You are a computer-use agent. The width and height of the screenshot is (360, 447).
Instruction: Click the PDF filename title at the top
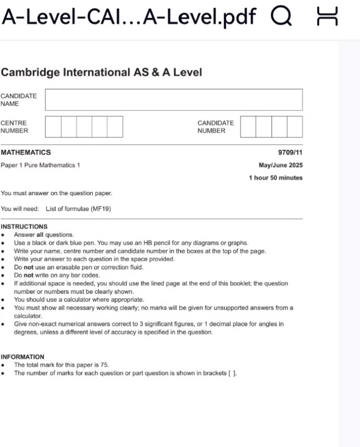(129, 18)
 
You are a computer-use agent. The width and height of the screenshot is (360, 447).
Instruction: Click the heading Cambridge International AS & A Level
(102, 73)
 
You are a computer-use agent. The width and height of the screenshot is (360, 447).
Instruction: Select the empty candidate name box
(173, 100)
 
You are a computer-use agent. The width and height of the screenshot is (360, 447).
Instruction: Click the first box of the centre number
(53, 127)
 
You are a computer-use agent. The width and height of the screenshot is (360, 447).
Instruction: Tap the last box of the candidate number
(295, 127)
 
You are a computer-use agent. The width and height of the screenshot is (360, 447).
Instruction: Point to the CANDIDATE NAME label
(19, 100)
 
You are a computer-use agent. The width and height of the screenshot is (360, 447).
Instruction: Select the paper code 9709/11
(291, 153)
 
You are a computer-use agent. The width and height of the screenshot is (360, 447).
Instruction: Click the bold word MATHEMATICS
(25, 153)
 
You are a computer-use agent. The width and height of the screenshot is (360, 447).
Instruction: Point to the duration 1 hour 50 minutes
(275, 178)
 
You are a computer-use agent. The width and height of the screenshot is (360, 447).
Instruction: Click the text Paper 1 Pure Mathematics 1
(41, 165)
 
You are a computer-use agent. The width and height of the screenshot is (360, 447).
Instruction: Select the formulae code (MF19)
(102, 209)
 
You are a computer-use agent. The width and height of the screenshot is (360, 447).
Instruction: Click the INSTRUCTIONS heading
(24, 226)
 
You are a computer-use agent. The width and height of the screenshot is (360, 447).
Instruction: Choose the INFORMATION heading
(22, 357)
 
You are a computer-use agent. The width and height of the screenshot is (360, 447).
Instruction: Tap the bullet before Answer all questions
(3, 235)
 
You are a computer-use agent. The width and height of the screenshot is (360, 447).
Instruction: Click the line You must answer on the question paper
(56, 193)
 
